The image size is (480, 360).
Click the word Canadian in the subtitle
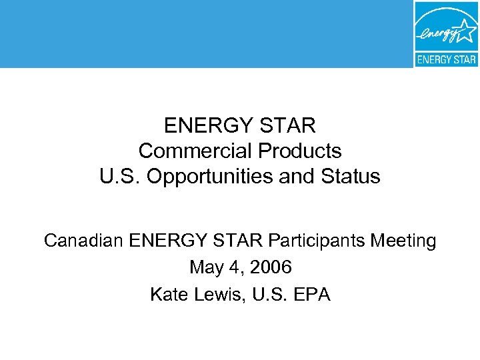pos(81,240)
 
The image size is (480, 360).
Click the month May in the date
pos(206,267)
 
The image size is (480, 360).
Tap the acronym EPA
pos(313,294)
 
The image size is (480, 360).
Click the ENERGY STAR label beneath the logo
pos(446,59)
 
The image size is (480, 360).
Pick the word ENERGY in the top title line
pos(205,125)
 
